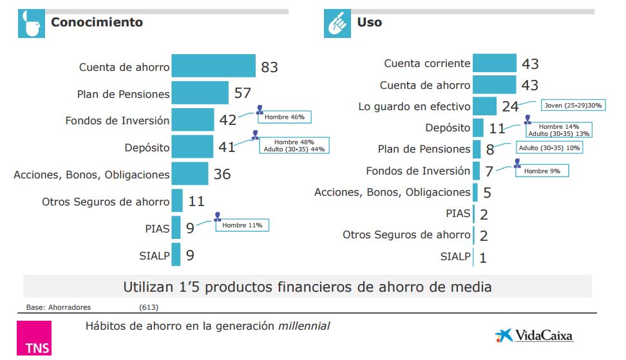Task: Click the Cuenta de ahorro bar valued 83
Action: tap(214, 66)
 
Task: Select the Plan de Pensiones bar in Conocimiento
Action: tap(200, 93)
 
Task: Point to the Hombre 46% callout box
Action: tap(285, 117)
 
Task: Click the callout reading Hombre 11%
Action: tap(242, 225)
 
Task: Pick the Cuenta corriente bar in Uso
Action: tap(495, 63)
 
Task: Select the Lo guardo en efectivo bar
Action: tap(484, 106)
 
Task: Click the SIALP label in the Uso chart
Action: tap(455, 256)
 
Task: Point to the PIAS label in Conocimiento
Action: tap(157, 228)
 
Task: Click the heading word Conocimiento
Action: tap(97, 23)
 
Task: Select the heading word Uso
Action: tap(369, 23)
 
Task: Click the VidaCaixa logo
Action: tap(534, 336)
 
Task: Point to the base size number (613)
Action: tap(149, 307)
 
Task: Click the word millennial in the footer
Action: tap(303, 326)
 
